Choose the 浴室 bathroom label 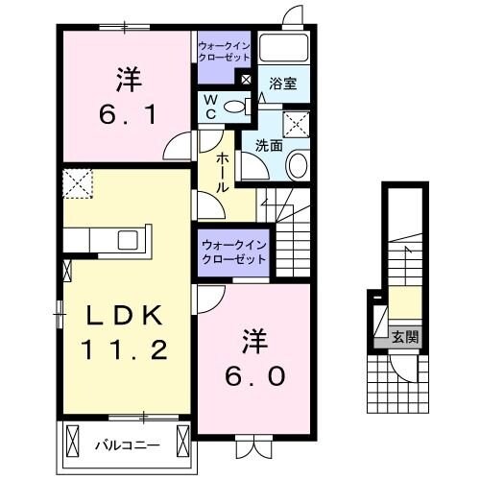pos(282,84)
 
